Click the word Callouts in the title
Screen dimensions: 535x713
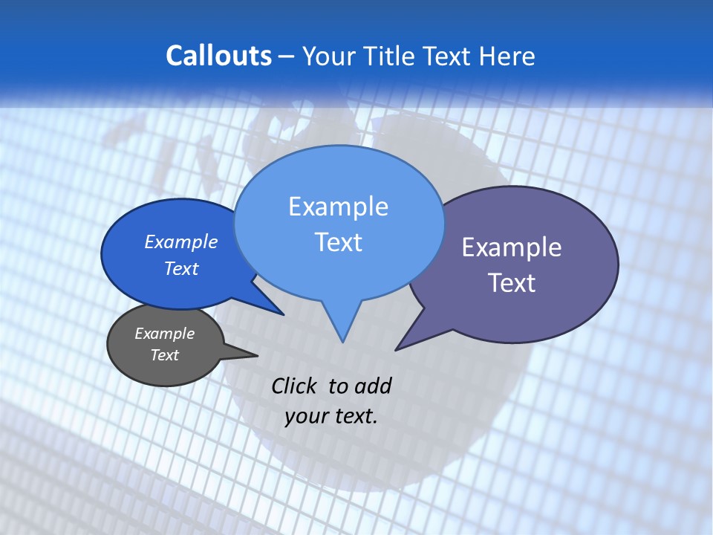tap(218, 56)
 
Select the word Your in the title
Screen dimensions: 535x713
tap(329, 56)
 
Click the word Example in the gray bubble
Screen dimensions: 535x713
tap(164, 334)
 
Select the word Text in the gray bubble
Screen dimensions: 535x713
tap(164, 355)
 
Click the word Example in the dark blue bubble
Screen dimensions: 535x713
tap(181, 241)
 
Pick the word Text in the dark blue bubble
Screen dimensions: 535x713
tap(181, 268)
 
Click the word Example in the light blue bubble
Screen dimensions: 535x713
tap(338, 207)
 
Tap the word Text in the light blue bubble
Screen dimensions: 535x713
tap(338, 242)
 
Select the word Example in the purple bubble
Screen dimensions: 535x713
tap(512, 247)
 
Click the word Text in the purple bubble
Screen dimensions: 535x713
tap(512, 282)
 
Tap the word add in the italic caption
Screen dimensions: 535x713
tap(372, 386)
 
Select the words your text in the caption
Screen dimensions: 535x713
tap(331, 416)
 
